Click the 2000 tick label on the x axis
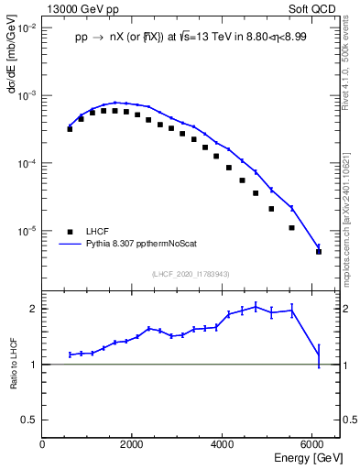[133, 444]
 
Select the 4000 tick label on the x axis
[224, 444]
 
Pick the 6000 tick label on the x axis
[313, 444]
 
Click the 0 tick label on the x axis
[43, 444]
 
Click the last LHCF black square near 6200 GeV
[319, 251]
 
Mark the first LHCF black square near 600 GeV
[70, 129]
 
